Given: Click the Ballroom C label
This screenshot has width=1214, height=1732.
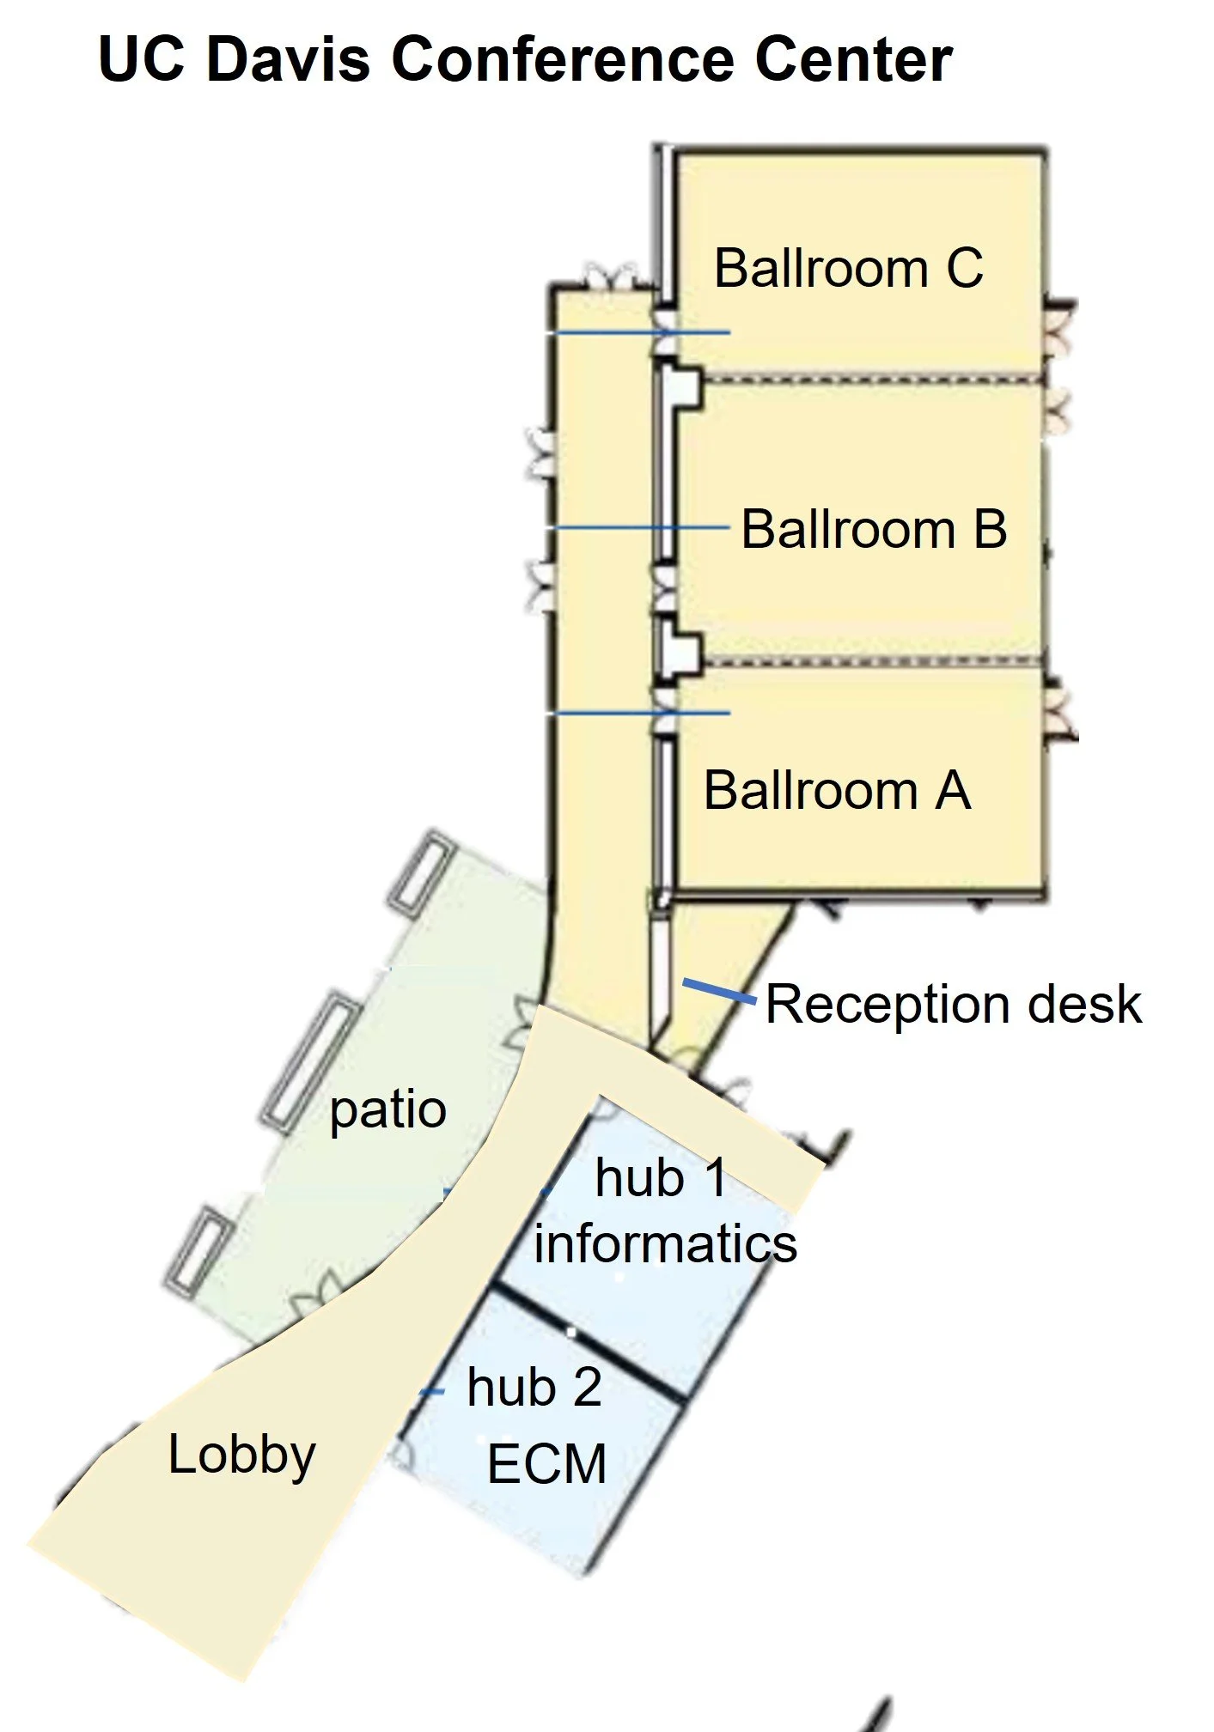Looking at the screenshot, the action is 848,268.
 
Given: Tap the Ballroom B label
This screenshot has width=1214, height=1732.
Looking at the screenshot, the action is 874,529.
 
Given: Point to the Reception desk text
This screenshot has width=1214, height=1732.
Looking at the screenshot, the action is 953,1004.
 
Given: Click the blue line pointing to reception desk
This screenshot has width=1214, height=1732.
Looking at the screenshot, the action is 720,990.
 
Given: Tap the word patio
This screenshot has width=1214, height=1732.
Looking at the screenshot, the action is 387,1111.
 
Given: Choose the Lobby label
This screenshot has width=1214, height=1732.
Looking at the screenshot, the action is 241,1455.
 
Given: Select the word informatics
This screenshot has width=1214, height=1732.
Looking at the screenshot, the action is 665,1243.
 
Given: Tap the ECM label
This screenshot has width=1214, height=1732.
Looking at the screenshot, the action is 547,1463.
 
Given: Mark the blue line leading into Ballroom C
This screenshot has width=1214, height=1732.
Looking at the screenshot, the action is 640,332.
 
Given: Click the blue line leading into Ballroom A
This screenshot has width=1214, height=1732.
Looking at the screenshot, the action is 640,713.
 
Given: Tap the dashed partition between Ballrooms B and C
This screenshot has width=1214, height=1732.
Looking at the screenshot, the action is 872,378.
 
